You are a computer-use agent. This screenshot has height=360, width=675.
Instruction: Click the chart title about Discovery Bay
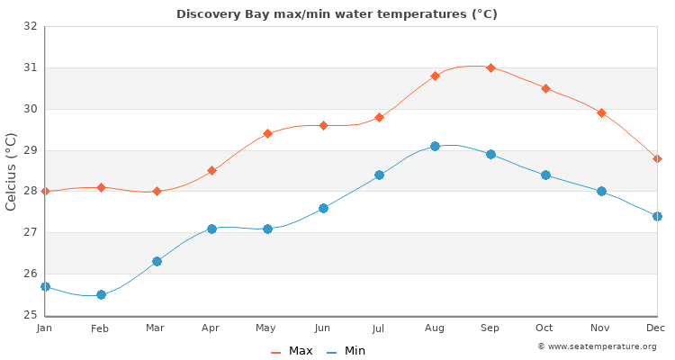point(337,14)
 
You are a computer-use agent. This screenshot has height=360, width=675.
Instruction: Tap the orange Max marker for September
point(490,67)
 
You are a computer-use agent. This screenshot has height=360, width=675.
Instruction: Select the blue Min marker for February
point(101,294)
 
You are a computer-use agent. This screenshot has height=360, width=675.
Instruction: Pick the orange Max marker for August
point(435,76)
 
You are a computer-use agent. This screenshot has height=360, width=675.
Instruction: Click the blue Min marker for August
point(435,146)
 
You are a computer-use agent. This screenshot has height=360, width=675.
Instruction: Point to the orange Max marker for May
point(267,133)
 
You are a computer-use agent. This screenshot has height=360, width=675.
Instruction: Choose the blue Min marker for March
point(157,261)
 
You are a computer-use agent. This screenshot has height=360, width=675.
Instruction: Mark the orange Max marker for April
point(211,170)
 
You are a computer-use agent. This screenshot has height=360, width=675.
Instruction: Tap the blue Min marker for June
point(323,208)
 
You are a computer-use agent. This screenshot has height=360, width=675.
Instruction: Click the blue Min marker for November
point(601,191)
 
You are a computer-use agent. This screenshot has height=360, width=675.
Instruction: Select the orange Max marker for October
point(545,88)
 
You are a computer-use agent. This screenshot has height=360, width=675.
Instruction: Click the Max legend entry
point(292,351)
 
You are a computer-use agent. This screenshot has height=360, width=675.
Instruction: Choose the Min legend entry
point(346,351)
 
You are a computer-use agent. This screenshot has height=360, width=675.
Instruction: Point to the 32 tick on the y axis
point(31,26)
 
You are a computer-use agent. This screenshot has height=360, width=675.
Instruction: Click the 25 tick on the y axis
point(31,315)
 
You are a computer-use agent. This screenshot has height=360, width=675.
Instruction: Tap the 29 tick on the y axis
point(31,150)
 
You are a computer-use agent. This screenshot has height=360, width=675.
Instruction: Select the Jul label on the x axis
point(379,328)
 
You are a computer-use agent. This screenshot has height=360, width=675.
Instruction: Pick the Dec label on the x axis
point(657,328)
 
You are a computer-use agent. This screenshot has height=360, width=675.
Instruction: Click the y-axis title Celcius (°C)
point(12,171)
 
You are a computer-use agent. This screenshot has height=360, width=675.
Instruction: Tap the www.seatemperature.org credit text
point(597,346)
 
